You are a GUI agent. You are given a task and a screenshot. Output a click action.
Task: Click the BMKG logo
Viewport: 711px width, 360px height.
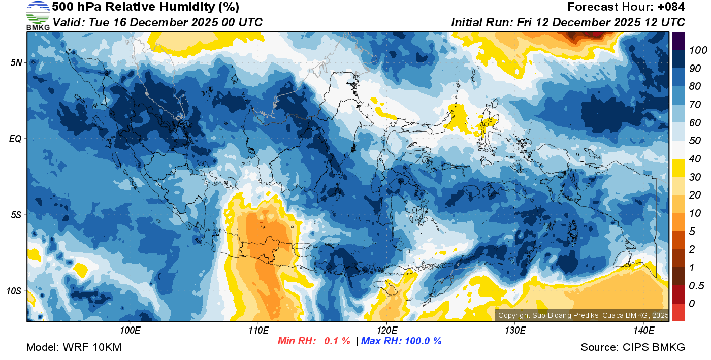pos(38,16)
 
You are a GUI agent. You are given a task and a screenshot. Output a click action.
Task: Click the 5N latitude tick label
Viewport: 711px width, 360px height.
pos(16,62)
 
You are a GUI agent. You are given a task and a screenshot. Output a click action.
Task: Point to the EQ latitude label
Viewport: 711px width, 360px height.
pos(16,139)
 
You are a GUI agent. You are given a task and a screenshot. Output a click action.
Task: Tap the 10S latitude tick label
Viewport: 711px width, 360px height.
pos(14,291)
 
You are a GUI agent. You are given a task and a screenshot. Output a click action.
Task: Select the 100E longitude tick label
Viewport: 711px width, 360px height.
pos(130,331)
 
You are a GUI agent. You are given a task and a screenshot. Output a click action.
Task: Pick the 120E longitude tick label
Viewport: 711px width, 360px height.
pos(386,331)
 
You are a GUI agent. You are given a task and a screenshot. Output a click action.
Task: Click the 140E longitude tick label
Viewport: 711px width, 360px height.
pos(643,331)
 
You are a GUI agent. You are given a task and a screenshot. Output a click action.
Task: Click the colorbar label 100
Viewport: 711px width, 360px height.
pos(694,50)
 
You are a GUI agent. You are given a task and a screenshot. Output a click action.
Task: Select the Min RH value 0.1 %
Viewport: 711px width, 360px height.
pos(337,341)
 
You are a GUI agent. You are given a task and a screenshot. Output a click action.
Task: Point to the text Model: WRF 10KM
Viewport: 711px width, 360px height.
pos(74,347)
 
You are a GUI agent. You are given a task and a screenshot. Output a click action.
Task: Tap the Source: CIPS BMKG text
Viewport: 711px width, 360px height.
pos(633,347)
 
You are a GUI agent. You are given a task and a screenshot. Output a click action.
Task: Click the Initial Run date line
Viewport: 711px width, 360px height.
pos(568,22)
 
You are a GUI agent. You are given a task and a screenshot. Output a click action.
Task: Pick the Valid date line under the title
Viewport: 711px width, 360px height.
pos(157,22)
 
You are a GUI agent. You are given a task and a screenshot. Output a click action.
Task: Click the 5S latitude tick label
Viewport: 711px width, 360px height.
pos(16,215)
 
